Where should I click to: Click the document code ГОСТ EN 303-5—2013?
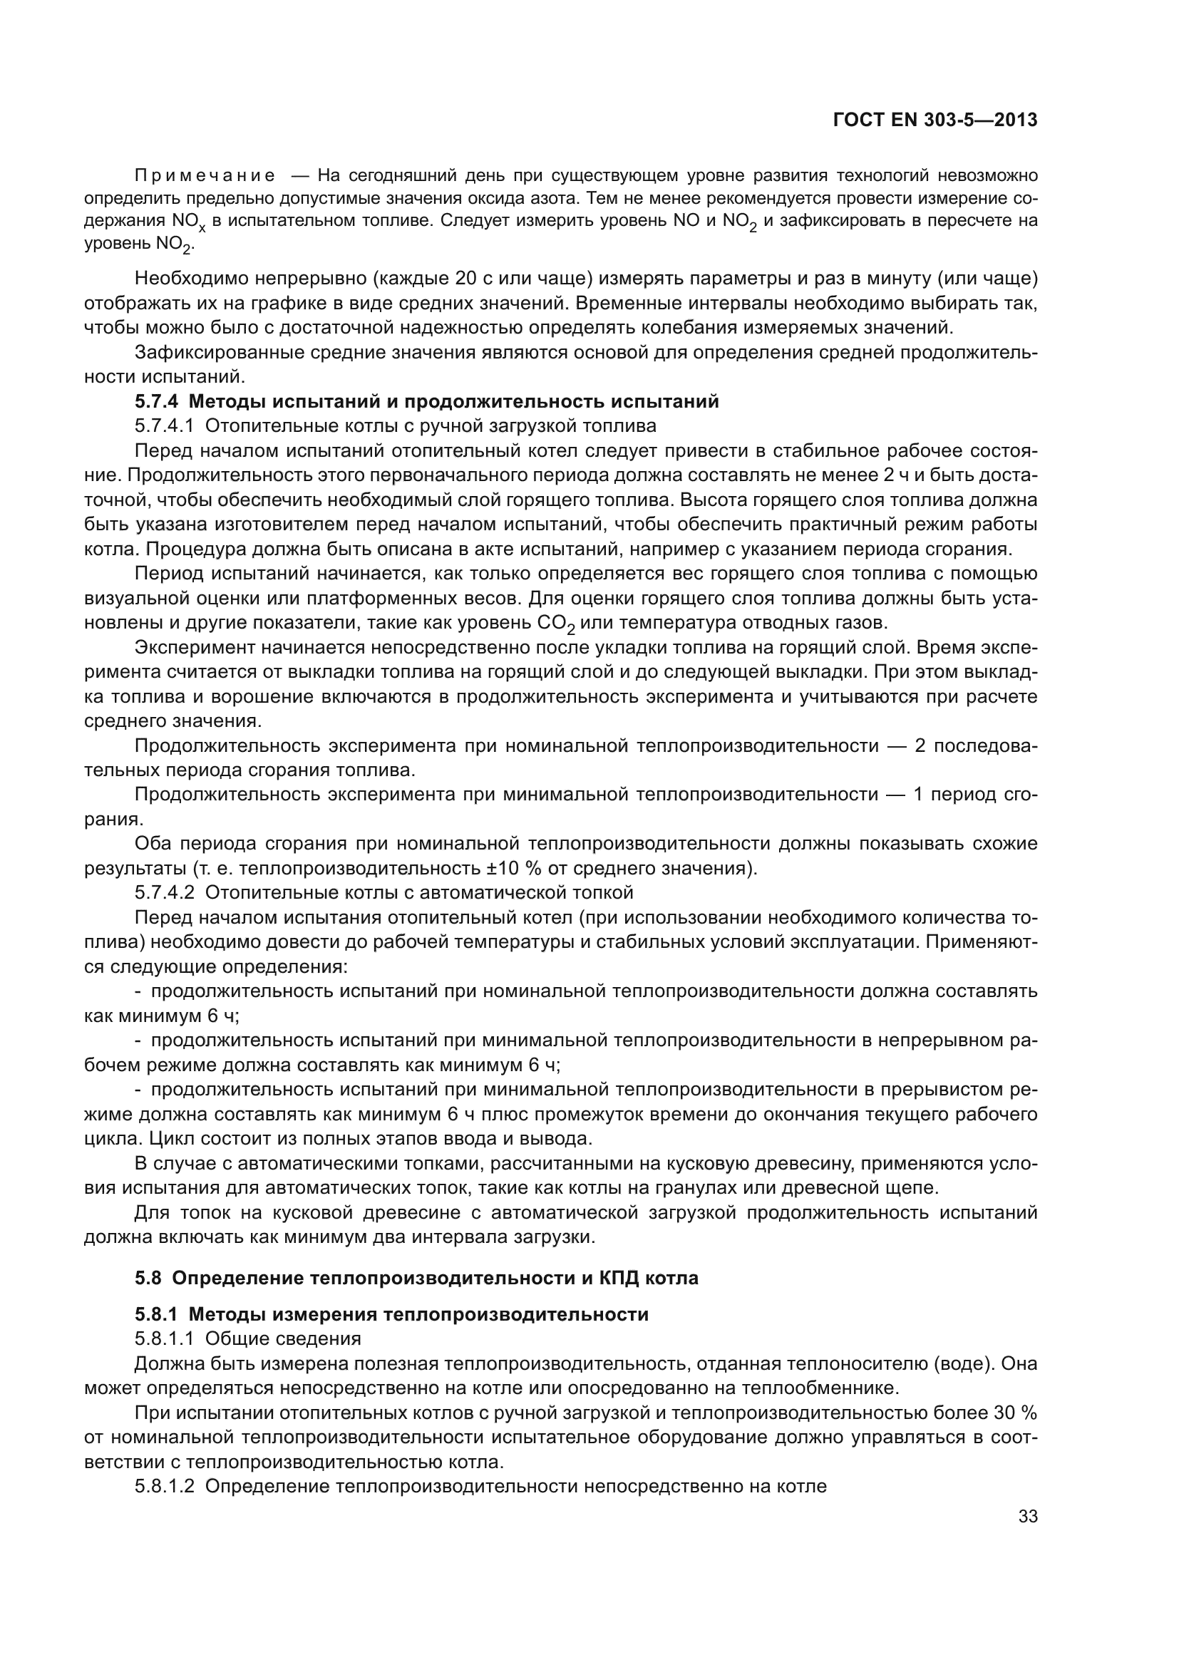[x=935, y=120]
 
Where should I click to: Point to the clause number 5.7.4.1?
[x=164, y=425]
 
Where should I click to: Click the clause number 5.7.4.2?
[x=164, y=892]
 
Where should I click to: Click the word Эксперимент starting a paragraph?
[x=192, y=647]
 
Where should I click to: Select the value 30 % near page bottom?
[x=1015, y=1413]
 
